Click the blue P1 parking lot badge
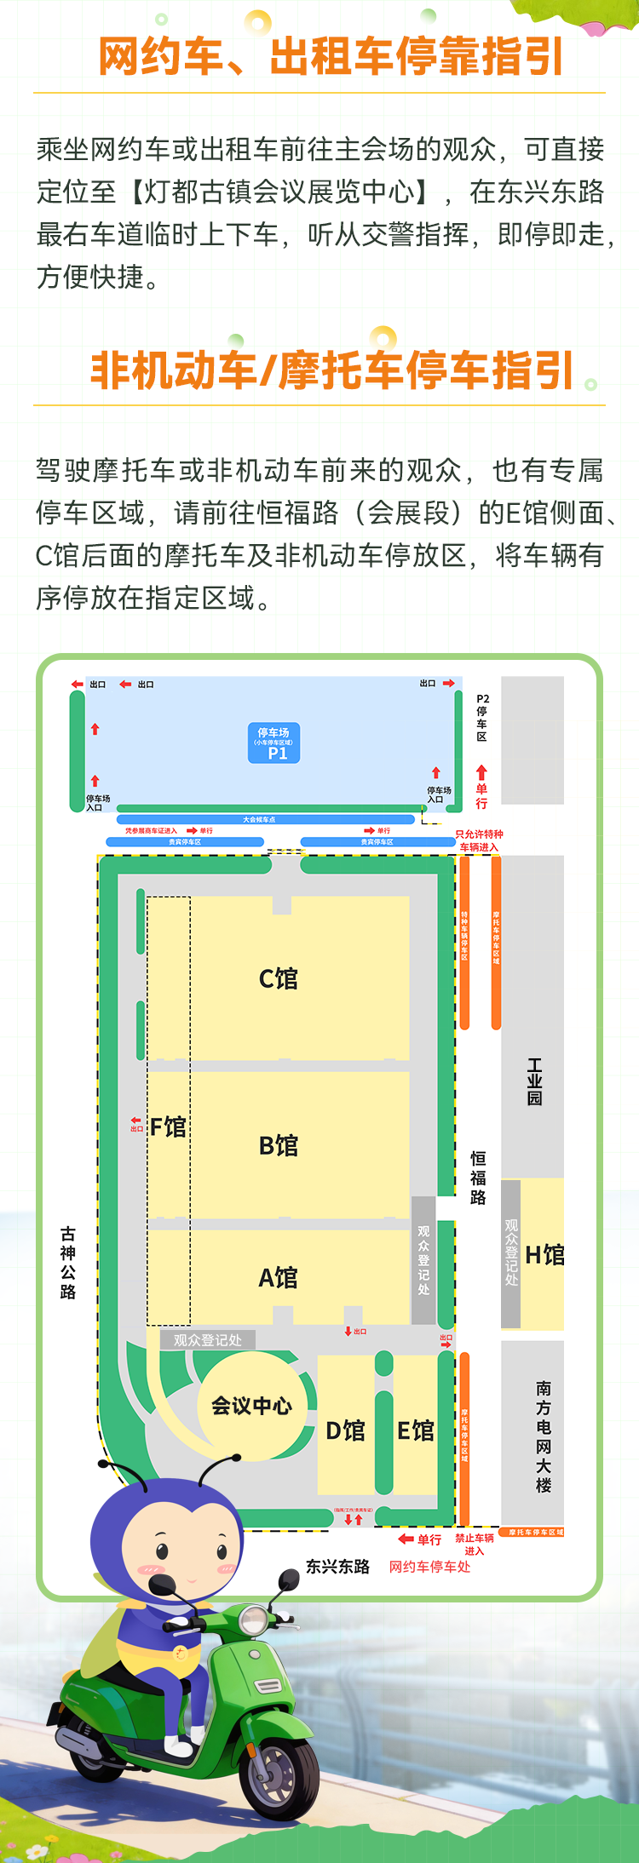[273, 742]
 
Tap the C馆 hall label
[279, 978]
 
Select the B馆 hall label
[279, 1145]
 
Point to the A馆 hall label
[279, 1277]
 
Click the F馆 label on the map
[168, 1126]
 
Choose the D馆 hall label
[345, 1430]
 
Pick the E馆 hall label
[416, 1430]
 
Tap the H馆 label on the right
[544, 1254]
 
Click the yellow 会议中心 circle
[251, 1405]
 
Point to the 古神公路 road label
[68, 1263]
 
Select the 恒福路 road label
[478, 1178]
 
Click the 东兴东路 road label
[338, 1567]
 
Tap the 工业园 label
[534, 1081]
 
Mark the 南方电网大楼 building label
[544, 1436]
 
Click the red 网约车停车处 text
[429, 1567]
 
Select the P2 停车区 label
[482, 718]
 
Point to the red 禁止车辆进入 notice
[475, 1544]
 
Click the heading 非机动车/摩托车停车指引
[331, 371]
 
